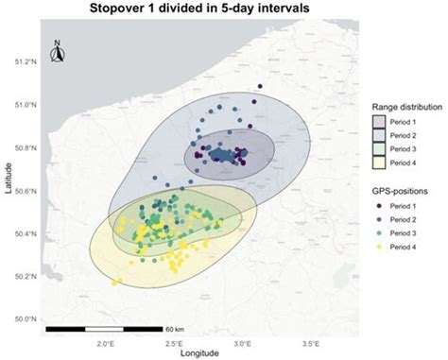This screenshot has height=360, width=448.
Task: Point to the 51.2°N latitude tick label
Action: pyautogui.click(x=26, y=62)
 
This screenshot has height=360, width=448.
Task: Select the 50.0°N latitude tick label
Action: pyautogui.click(x=26, y=319)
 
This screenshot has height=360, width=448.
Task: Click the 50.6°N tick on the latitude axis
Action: pyautogui.click(x=26, y=191)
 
